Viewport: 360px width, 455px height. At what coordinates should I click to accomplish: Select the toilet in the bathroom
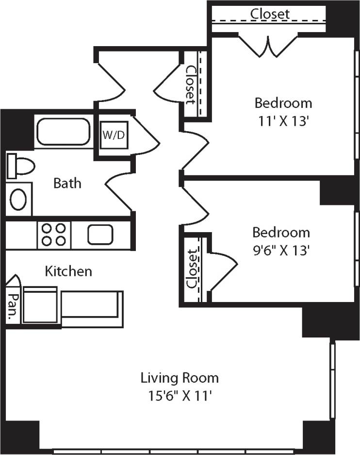(21, 167)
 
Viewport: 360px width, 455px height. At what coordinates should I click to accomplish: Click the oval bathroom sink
(19, 199)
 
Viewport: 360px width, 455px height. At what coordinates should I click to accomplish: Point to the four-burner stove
(54, 234)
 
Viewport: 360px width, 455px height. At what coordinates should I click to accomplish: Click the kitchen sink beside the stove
(100, 235)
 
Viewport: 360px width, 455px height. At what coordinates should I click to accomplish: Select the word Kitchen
(68, 271)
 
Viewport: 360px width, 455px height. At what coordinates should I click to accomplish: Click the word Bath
(67, 184)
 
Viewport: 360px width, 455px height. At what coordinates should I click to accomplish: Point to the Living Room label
(180, 377)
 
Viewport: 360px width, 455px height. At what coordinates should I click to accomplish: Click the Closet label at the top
(270, 14)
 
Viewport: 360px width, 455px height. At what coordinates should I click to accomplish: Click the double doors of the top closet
(268, 45)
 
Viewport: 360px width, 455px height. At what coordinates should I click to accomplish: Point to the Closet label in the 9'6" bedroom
(194, 269)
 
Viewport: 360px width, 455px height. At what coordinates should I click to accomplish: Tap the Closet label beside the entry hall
(191, 84)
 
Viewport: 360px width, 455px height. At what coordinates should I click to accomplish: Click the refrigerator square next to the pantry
(40, 305)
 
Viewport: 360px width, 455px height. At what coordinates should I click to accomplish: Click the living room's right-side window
(333, 380)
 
